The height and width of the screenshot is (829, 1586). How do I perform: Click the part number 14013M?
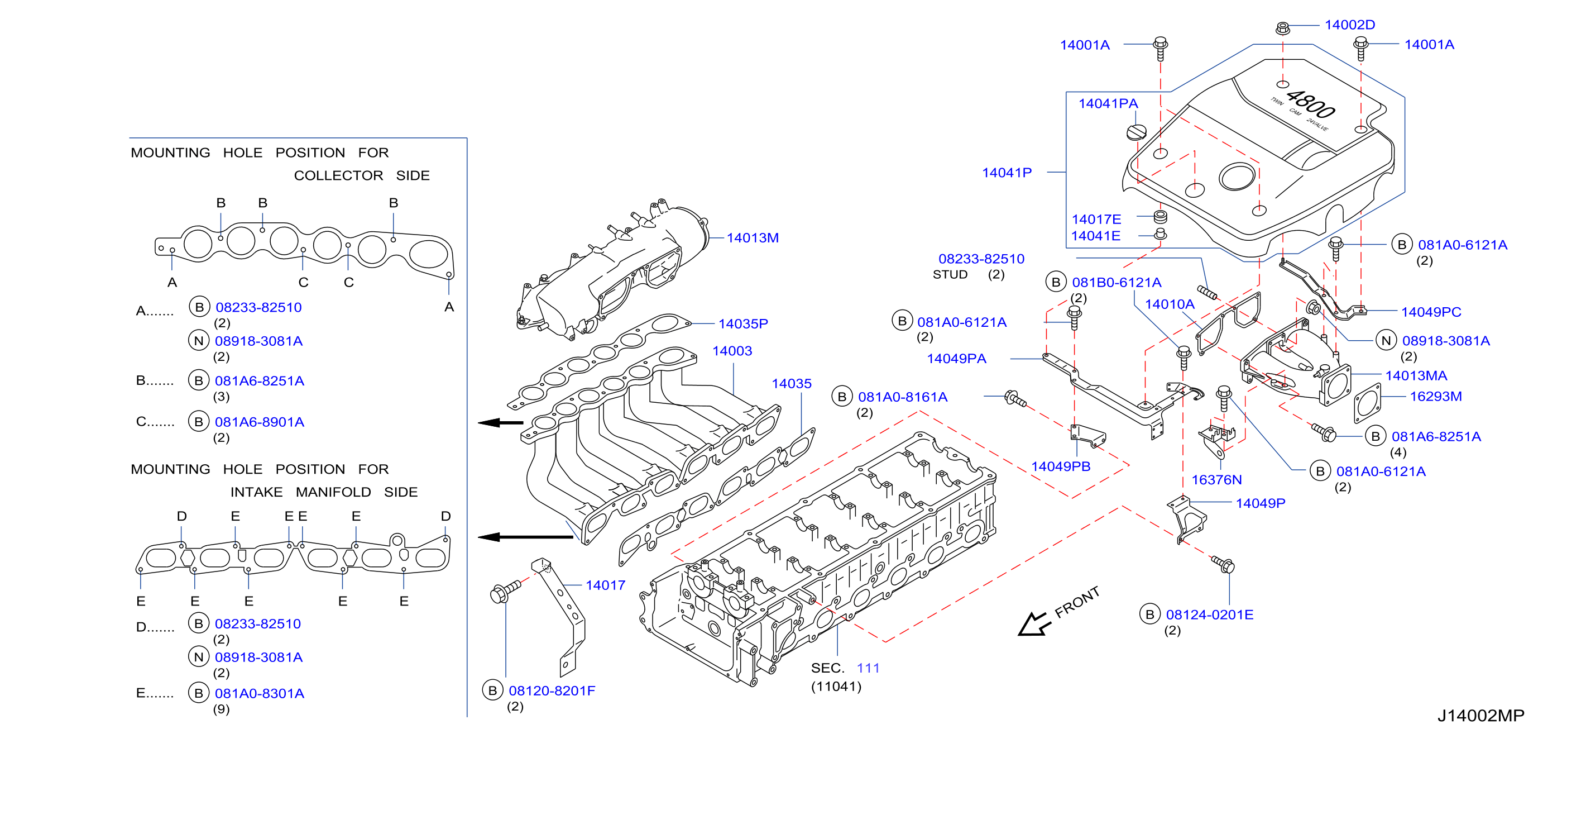point(753,238)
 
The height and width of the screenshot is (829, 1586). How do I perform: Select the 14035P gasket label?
point(743,323)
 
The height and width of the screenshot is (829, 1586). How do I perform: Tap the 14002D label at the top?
point(1349,25)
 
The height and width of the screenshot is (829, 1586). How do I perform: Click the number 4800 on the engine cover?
point(1311,104)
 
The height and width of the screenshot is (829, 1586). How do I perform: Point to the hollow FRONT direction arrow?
point(1033,623)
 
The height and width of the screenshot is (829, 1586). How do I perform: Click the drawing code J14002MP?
point(1480,715)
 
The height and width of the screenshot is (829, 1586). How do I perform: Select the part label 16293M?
point(1435,396)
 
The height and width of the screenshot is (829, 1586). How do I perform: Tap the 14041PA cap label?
point(1108,103)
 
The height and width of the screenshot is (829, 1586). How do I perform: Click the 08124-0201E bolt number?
point(1209,614)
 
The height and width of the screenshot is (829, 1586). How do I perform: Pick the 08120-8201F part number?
point(552,690)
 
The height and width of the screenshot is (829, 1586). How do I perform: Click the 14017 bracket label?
point(605,585)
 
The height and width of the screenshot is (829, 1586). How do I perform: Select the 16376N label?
point(1216,479)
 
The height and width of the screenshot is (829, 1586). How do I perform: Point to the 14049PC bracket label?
point(1431,312)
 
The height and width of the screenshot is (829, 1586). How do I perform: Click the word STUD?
point(950,274)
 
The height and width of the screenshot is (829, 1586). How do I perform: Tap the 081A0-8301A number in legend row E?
point(259,693)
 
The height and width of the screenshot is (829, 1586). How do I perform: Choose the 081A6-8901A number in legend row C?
point(259,422)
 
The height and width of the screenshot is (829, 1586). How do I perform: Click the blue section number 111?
point(868,668)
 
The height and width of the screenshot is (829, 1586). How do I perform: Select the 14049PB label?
point(1060,466)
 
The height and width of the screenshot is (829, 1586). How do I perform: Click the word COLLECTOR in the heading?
point(338,175)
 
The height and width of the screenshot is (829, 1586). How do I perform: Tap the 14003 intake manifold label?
point(732,350)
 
